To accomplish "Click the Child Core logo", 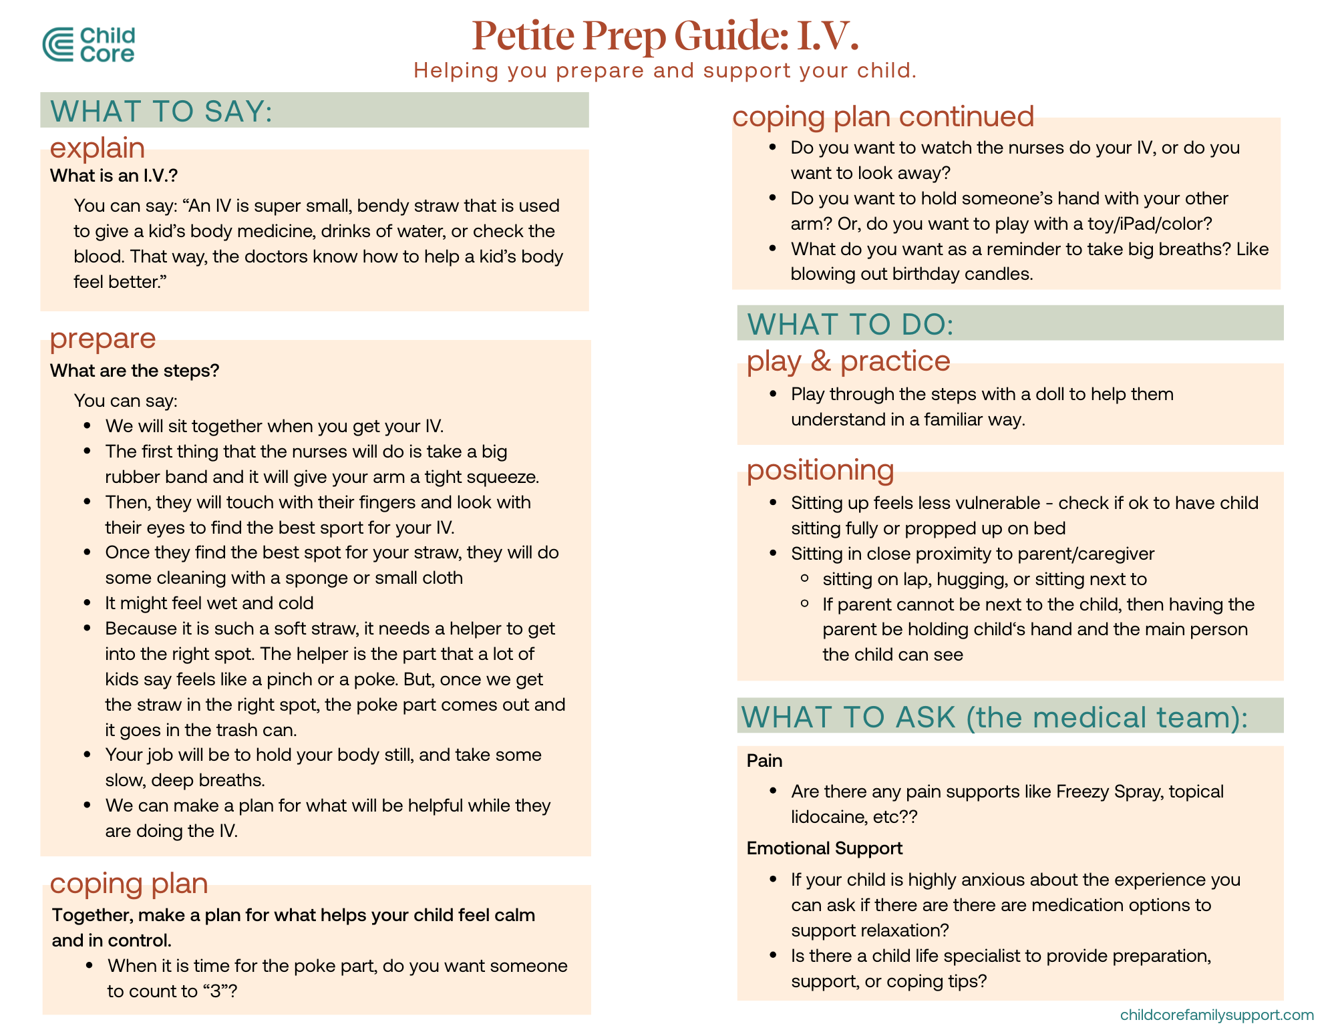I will tap(88, 45).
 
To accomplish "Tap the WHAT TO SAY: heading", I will tap(162, 111).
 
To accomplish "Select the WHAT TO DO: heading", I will tap(850, 324).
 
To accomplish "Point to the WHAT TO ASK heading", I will tap(994, 717).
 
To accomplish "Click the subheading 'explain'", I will tap(98, 148).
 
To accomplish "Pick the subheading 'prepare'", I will tap(103, 338).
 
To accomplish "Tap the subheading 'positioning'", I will tap(820, 470).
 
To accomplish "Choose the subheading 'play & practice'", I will tap(848, 361).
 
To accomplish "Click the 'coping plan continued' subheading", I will tap(883, 116).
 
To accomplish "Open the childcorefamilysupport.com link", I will tap(1216, 1015).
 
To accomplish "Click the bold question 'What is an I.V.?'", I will tap(114, 176).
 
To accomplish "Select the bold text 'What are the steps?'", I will tap(134, 371).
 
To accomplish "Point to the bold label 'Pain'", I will tap(764, 761).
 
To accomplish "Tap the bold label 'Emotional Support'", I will tap(824, 848).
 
